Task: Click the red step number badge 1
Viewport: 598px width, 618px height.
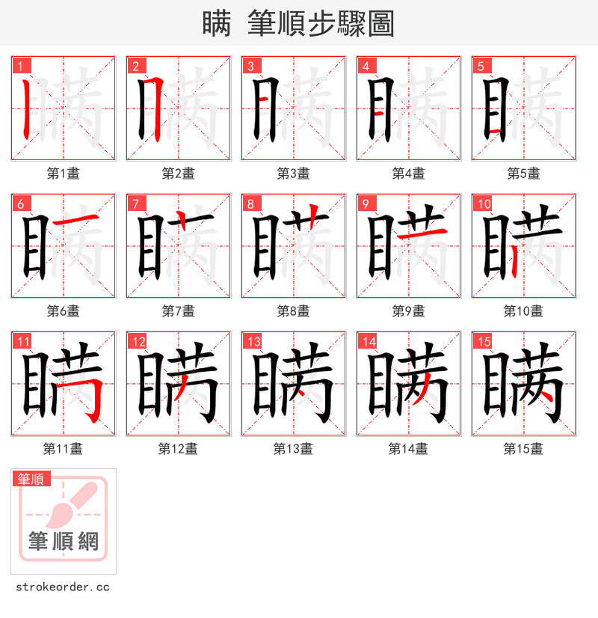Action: (19, 66)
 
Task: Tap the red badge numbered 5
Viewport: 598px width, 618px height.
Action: (480, 66)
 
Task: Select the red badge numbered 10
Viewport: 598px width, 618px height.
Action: (483, 204)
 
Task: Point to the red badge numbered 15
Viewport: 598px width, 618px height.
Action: (483, 341)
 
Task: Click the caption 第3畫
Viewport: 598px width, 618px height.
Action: (293, 174)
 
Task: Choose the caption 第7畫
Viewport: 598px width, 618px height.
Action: (178, 311)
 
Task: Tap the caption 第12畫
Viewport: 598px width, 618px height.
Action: (178, 449)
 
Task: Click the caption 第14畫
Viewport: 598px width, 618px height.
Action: (408, 449)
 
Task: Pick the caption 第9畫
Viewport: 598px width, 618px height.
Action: (408, 311)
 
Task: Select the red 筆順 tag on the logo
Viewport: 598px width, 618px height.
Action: (31, 479)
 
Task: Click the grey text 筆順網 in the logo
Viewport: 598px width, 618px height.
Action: (64, 541)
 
